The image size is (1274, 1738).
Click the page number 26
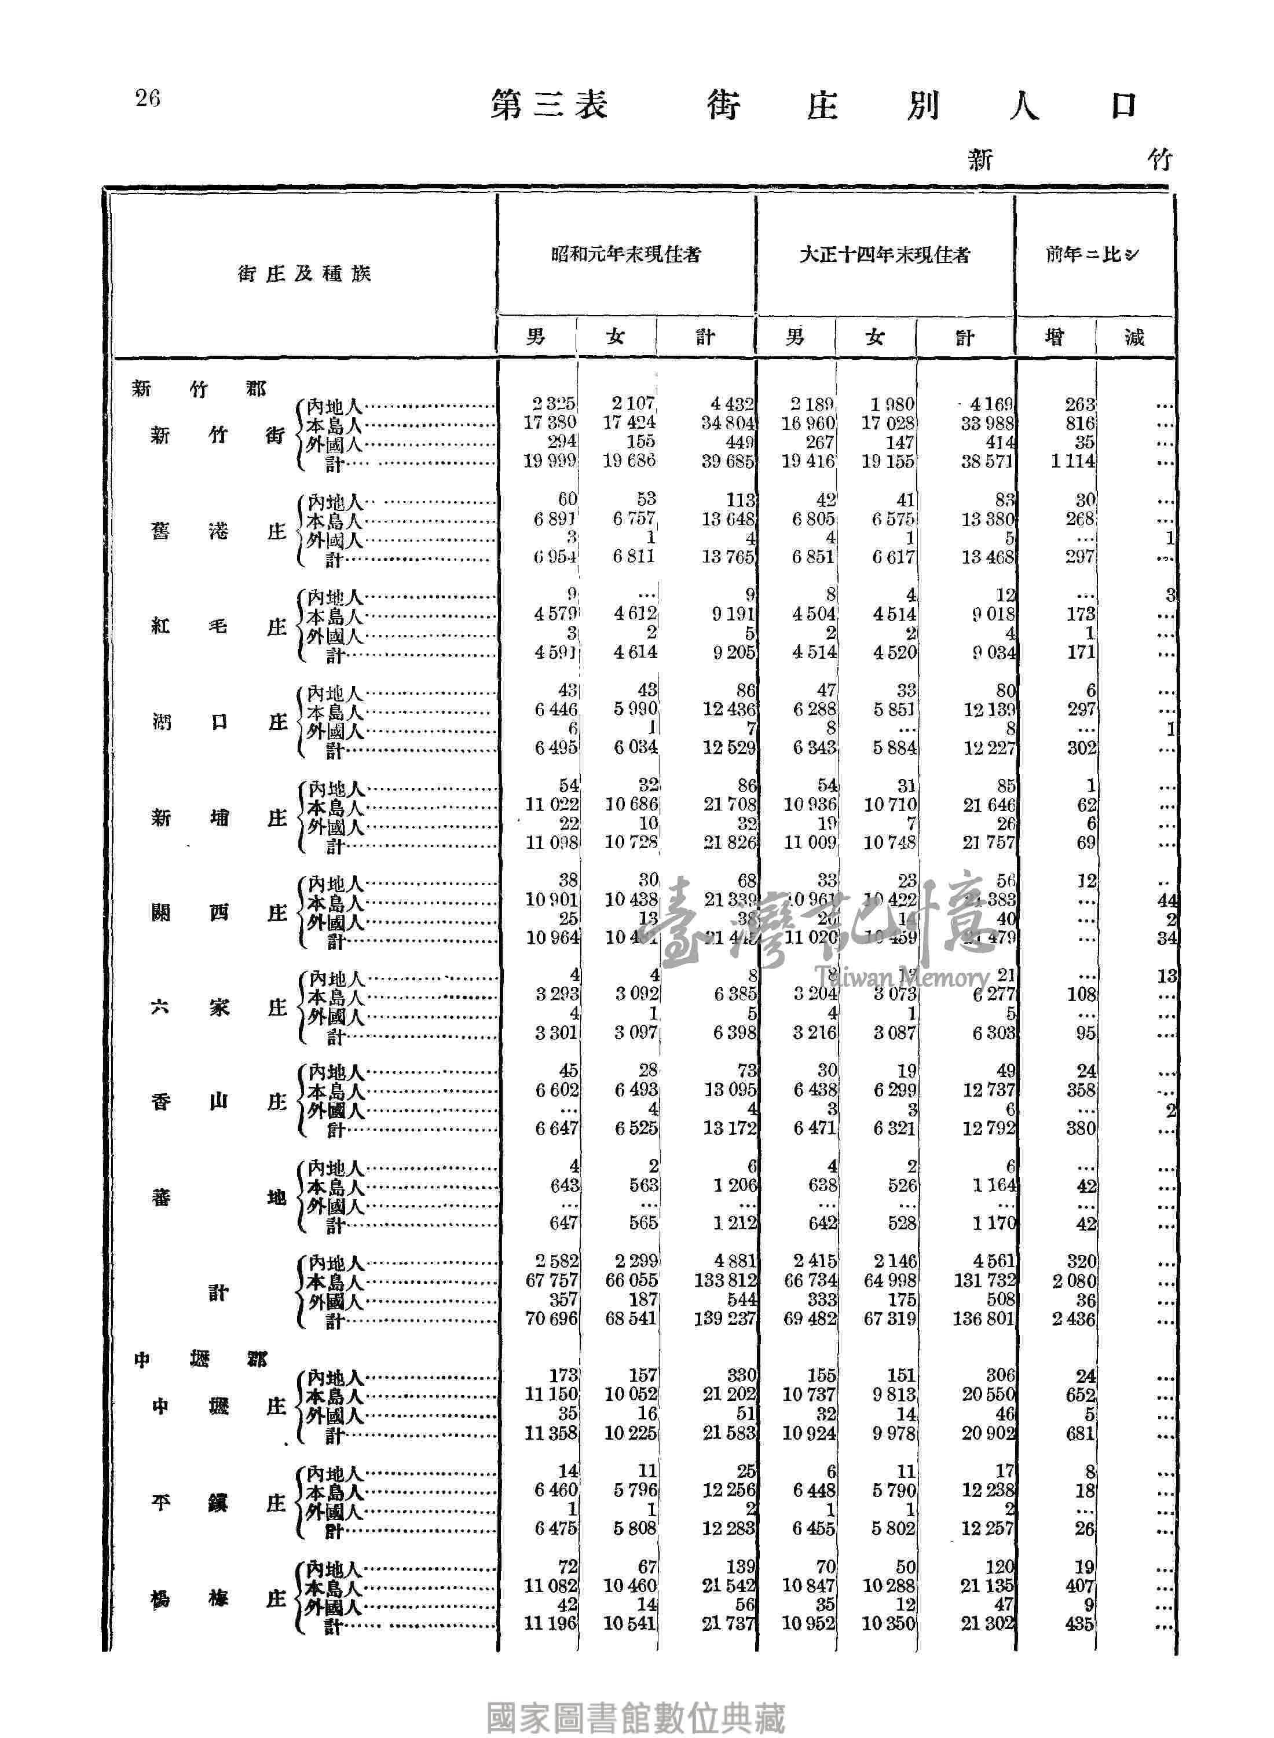point(147,98)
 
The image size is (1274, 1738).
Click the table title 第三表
point(549,105)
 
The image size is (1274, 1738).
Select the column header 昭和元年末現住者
point(626,254)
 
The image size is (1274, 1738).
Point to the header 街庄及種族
point(304,274)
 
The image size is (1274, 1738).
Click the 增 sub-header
point(1054,337)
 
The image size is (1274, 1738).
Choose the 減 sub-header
point(1134,337)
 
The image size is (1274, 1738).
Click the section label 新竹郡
point(199,389)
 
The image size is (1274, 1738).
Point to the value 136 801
point(983,1319)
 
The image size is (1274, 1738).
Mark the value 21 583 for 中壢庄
point(728,1433)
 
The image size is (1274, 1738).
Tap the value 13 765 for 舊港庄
point(728,557)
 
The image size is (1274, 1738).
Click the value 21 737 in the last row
point(728,1624)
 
